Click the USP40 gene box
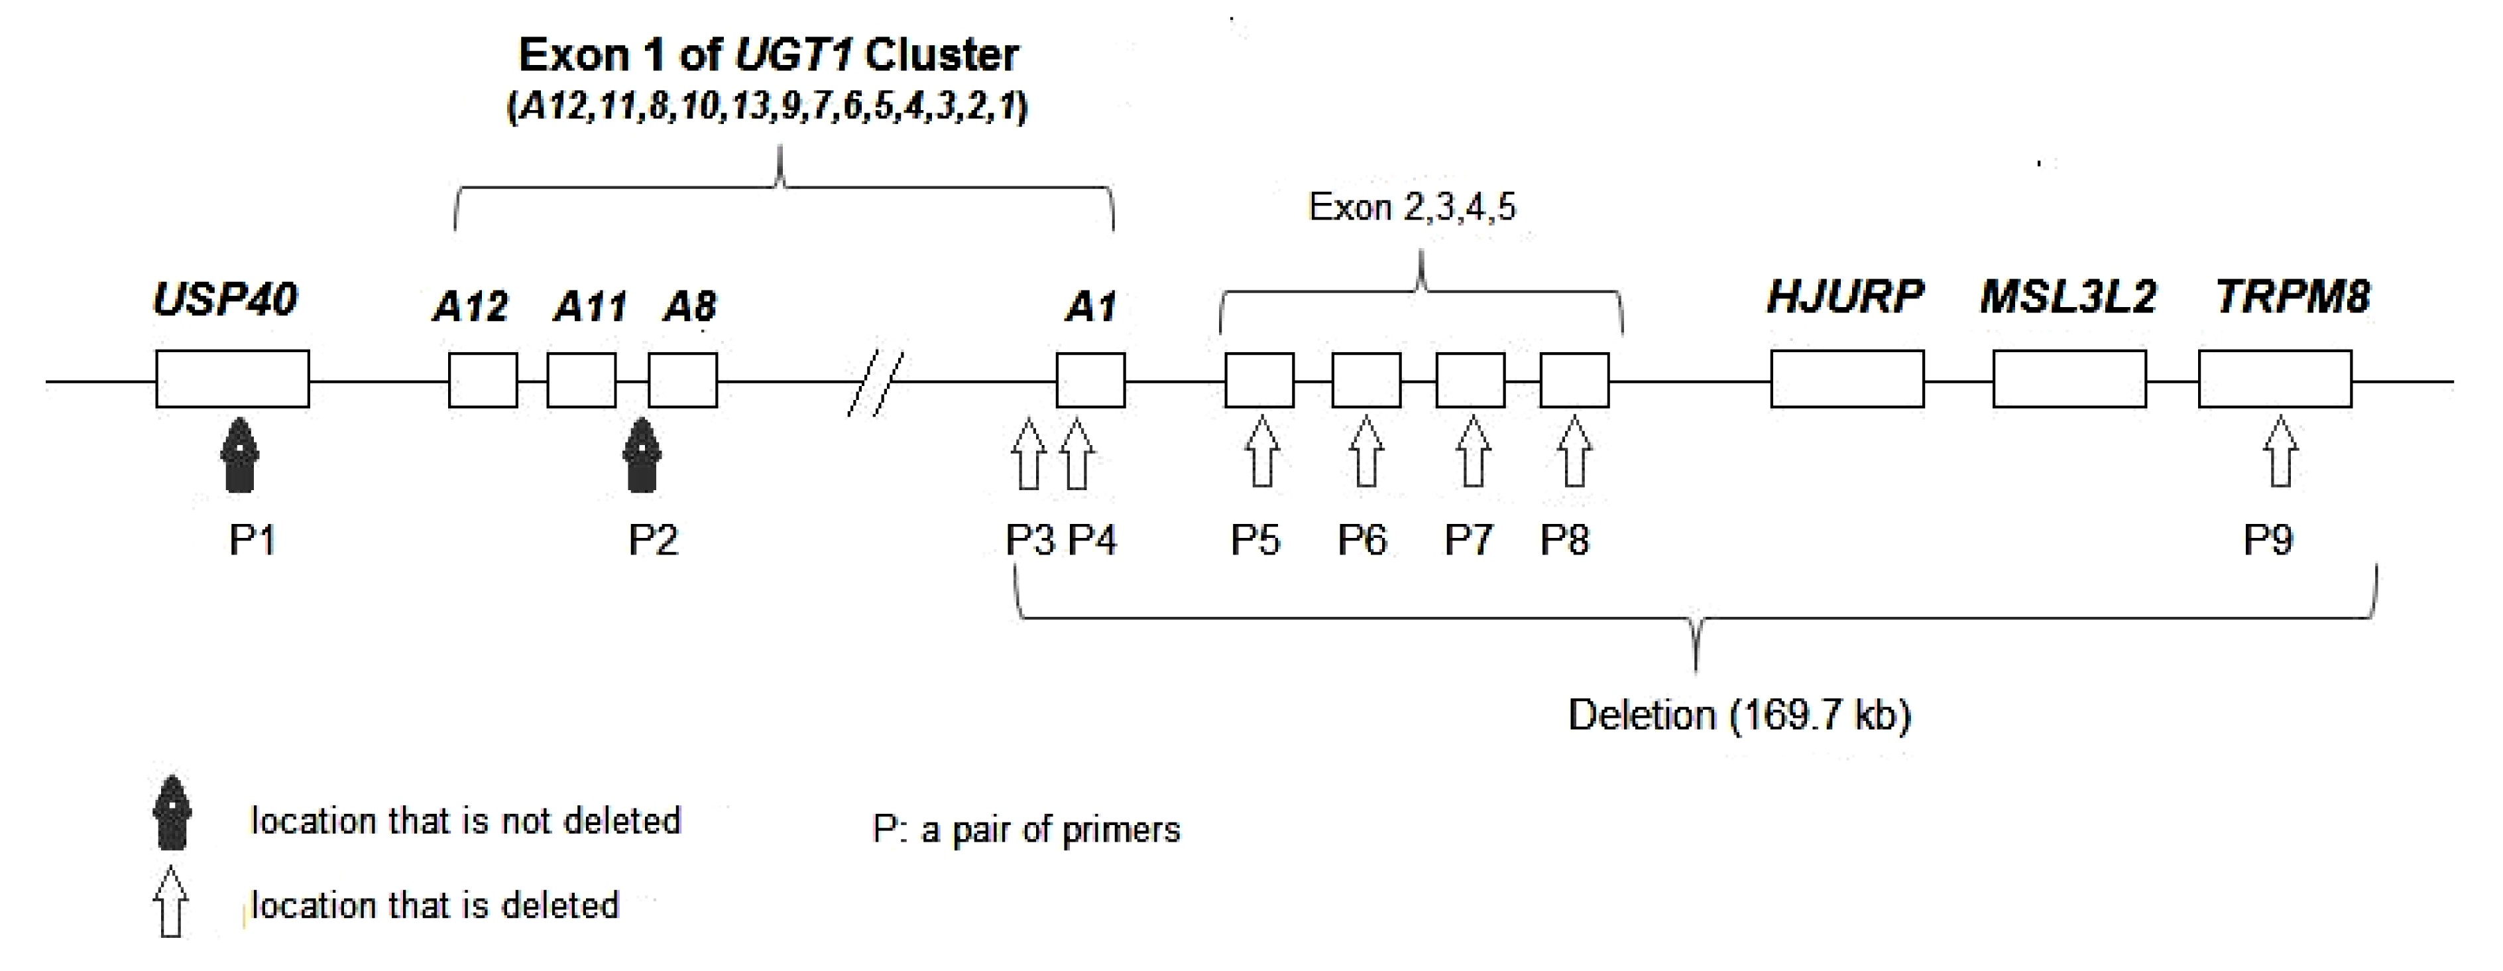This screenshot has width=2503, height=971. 232,379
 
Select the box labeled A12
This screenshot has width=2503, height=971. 483,380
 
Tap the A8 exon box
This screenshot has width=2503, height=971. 683,380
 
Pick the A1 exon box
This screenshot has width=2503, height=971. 1091,380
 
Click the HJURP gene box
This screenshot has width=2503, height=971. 1847,379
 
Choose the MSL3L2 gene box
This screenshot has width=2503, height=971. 2069,379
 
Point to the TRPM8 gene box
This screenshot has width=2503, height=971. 2276,379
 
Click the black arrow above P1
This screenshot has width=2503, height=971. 239,455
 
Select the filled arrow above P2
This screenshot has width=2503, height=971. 641,455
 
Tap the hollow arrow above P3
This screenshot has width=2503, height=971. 1028,454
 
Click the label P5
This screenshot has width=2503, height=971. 1255,539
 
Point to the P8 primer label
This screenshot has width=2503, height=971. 1564,539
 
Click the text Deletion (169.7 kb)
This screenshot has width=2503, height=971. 1739,716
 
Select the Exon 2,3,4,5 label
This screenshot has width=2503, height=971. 1412,207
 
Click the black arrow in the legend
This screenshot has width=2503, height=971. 172,812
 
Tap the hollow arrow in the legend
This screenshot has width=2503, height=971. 171,901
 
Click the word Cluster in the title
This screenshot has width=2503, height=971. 941,56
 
